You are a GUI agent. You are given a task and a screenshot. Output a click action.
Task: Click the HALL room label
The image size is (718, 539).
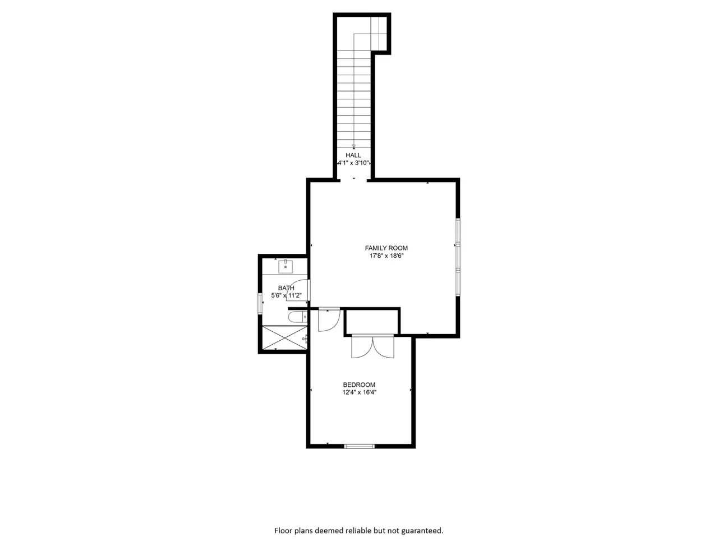point(353,155)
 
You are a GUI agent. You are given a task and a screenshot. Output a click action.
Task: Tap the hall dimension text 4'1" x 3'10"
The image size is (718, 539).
point(353,163)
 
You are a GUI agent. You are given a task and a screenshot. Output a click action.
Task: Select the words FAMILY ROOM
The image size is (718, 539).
point(386,248)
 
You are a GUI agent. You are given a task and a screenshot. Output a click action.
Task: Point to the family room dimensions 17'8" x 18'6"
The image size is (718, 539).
point(386,256)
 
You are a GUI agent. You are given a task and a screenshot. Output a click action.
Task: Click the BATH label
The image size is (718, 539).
point(286,288)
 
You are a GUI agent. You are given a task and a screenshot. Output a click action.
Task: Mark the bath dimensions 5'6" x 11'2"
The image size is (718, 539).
point(286,295)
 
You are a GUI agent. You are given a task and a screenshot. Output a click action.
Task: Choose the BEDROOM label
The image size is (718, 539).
point(359,385)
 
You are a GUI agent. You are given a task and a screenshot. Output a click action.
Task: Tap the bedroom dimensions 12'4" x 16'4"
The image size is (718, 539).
point(360,392)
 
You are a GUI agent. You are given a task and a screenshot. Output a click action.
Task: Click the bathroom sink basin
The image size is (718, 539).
point(286,267)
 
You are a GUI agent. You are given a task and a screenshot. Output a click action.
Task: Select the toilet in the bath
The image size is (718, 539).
point(298,317)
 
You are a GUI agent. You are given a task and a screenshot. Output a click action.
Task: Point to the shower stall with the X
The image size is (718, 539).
point(284,338)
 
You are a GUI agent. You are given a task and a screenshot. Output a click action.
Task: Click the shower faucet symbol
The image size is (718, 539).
point(305,339)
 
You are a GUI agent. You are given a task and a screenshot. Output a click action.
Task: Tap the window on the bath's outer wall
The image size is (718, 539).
point(260,304)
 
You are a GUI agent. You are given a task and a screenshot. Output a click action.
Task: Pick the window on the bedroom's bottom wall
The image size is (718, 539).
point(360,446)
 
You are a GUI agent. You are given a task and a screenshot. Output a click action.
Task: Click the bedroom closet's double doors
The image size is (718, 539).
point(373,347)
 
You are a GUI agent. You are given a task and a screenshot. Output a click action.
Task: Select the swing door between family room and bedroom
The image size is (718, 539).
point(329,320)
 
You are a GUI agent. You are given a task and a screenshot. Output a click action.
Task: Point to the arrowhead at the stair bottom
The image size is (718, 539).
point(353,147)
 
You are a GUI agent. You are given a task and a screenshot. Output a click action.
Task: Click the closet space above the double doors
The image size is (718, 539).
point(372,322)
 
